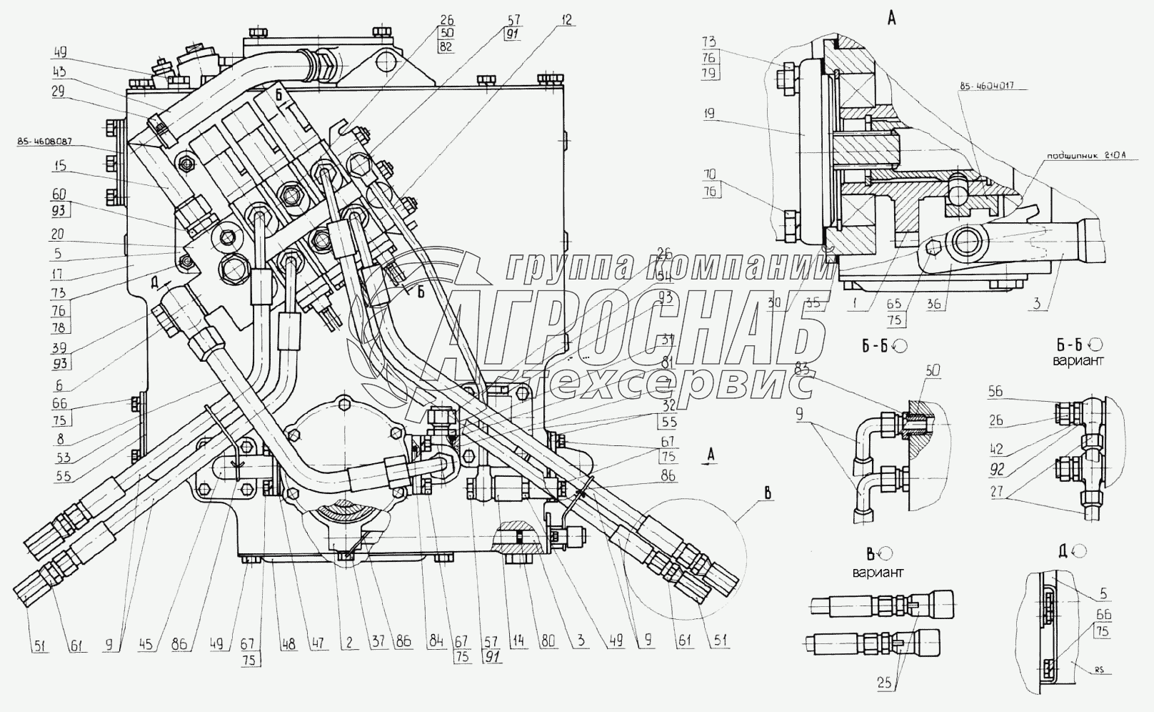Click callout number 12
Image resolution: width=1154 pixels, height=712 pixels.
pos(566,21)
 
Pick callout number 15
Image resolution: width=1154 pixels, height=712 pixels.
pos(59,167)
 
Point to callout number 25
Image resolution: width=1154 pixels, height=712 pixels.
pos(885,683)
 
